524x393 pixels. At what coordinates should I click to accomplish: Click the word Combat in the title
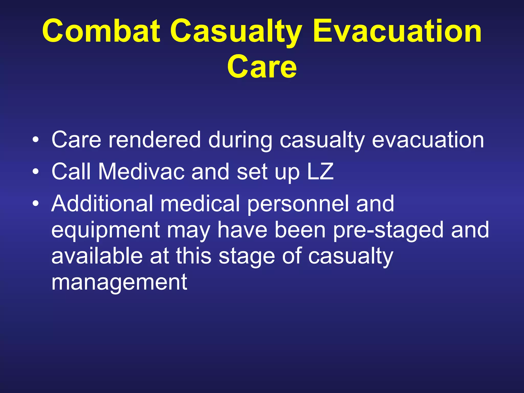click(101, 31)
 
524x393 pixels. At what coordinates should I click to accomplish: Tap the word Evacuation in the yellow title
click(397, 31)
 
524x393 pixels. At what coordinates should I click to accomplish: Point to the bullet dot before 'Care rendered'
click(36, 140)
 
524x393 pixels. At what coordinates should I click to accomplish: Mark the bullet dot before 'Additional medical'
click(36, 203)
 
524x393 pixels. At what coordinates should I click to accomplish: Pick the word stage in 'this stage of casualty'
click(247, 257)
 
